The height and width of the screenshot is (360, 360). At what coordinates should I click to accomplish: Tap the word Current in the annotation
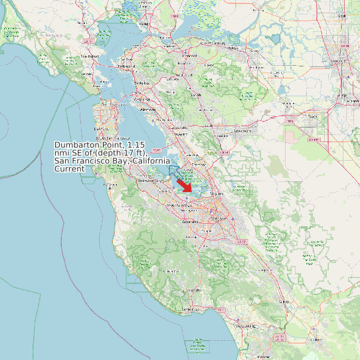[70, 169]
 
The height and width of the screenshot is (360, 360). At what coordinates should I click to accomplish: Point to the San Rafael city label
[90, 56]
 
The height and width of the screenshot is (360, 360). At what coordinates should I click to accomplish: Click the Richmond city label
[126, 67]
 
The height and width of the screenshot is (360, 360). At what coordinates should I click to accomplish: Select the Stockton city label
[339, 61]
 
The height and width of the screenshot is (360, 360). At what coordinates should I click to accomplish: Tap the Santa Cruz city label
[191, 310]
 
